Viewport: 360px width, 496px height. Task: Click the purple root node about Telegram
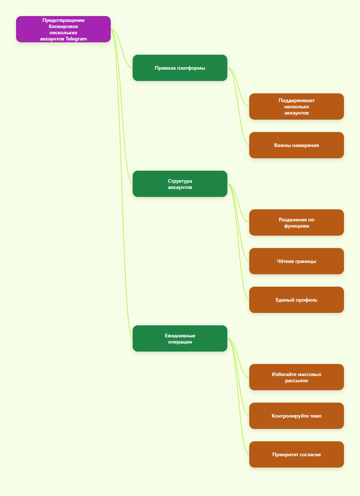[63, 29]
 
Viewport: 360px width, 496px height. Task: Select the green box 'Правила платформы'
[180, 68]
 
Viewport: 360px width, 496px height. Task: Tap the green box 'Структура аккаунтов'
[180, 184]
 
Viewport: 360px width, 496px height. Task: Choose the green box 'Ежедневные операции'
[180, 338]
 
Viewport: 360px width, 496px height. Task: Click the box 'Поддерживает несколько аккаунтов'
[297, 106]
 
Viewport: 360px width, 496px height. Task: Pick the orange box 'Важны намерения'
[297, 145]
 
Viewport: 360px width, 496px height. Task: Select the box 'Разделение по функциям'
[297, 222]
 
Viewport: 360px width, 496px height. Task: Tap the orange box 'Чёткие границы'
[297, 261]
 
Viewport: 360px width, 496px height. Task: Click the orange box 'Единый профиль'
[297, 300]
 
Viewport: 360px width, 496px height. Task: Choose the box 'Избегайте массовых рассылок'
[297, 377]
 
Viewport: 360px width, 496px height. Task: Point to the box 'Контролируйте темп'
[297, 416]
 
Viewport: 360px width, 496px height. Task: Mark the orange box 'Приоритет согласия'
[297, 454]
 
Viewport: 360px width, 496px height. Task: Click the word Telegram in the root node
[76, 39]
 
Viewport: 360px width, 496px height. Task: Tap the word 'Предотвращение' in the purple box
[63, 20]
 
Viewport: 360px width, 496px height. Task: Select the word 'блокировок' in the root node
[63, 27]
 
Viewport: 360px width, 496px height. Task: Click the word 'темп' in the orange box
[316, 416]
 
